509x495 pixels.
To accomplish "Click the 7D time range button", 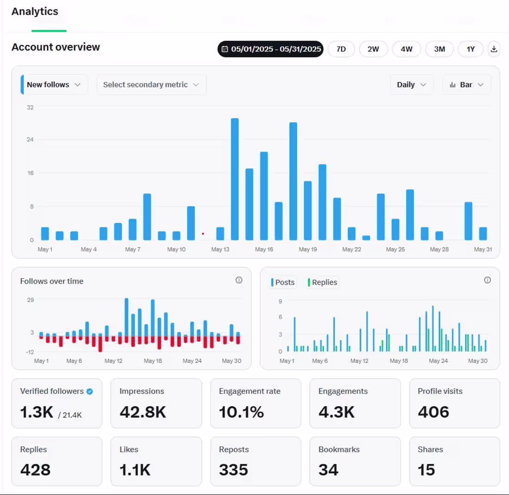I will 341,49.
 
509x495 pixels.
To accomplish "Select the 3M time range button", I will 439,49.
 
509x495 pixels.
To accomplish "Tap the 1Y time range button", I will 471,49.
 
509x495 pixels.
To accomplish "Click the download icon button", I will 494,49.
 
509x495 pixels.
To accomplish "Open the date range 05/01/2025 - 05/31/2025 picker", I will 270,49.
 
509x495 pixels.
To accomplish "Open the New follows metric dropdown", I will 54,85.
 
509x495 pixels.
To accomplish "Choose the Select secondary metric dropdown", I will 151,85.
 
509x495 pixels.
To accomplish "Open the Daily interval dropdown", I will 411,85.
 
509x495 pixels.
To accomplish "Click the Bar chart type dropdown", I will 466,85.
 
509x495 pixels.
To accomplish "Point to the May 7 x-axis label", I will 132,250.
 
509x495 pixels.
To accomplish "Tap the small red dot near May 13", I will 203,234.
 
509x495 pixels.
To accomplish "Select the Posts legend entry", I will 283,282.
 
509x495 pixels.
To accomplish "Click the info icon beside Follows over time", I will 239,280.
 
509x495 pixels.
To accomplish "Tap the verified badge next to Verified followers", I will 90,391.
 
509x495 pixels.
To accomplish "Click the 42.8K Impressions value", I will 143,411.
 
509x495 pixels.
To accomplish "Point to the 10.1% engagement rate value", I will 241,411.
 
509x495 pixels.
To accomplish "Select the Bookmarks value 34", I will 329,470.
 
